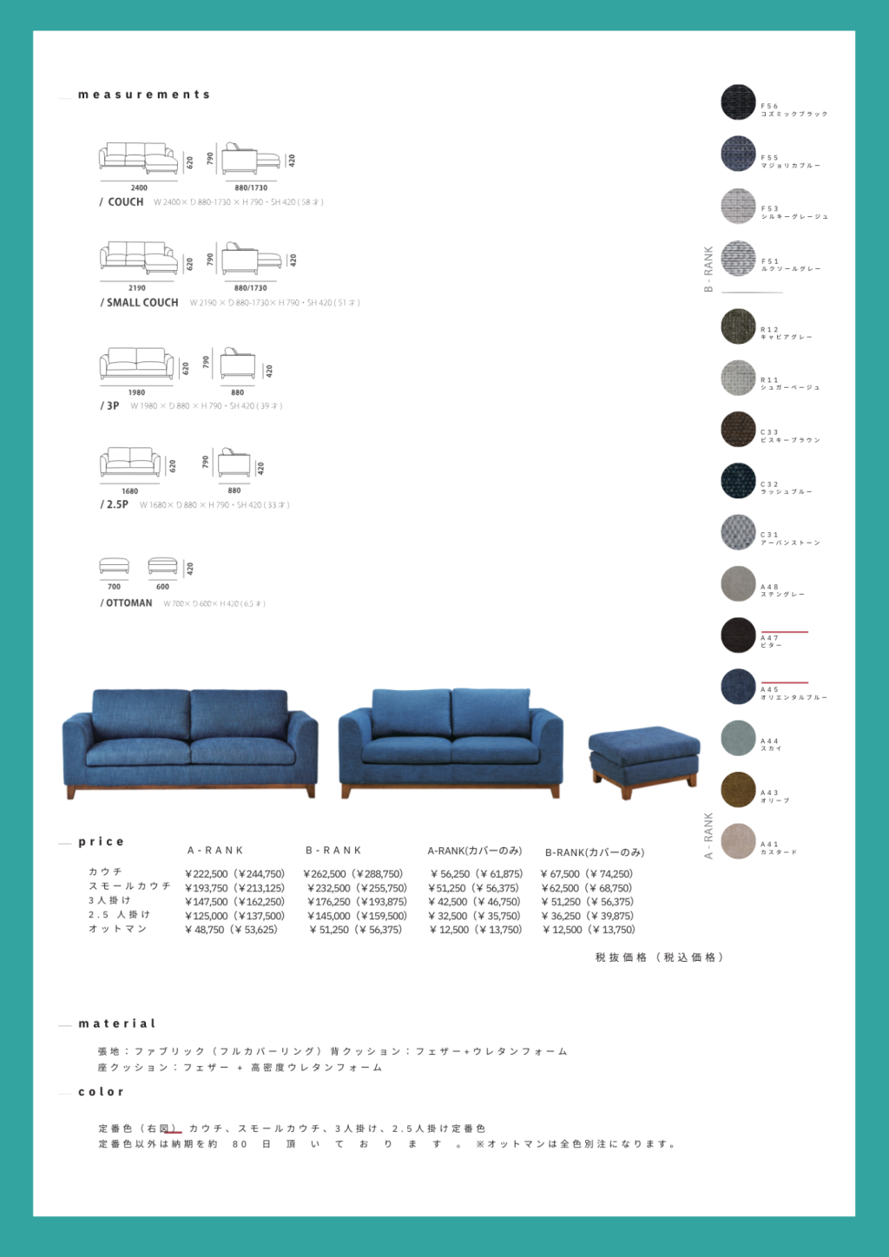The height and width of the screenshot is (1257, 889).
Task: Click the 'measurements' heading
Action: coord(144,95)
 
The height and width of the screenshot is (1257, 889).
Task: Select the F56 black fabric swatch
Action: coord(738,102)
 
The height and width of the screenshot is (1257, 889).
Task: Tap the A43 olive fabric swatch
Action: coord(738,789)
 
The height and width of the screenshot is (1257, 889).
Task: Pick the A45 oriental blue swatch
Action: coord(738,686)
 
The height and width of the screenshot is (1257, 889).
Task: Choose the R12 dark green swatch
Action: coord(738,326)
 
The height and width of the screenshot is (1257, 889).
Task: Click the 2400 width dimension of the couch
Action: coord(139,188)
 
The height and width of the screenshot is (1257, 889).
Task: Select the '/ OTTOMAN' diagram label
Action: coord(127,603)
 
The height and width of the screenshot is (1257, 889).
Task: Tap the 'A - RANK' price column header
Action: coord(215,851)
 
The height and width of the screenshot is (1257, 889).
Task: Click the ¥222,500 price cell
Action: coord(207,874)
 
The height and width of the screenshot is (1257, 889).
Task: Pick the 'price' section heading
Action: coord(102,842)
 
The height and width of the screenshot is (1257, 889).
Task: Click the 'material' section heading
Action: coord(117,1024)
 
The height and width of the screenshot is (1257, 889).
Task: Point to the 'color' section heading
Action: coord(102,1092)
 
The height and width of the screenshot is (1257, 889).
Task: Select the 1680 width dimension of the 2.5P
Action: coord(130,491)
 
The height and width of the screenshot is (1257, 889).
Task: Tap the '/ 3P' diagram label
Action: coord(110,405)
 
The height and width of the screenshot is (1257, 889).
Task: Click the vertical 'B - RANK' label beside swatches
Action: coord(708,268)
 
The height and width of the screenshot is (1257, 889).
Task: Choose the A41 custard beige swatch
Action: coord(738,841)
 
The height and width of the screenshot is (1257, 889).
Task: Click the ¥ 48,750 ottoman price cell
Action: coord(205,930)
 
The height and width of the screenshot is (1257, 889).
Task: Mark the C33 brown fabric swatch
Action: coord(738,430)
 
